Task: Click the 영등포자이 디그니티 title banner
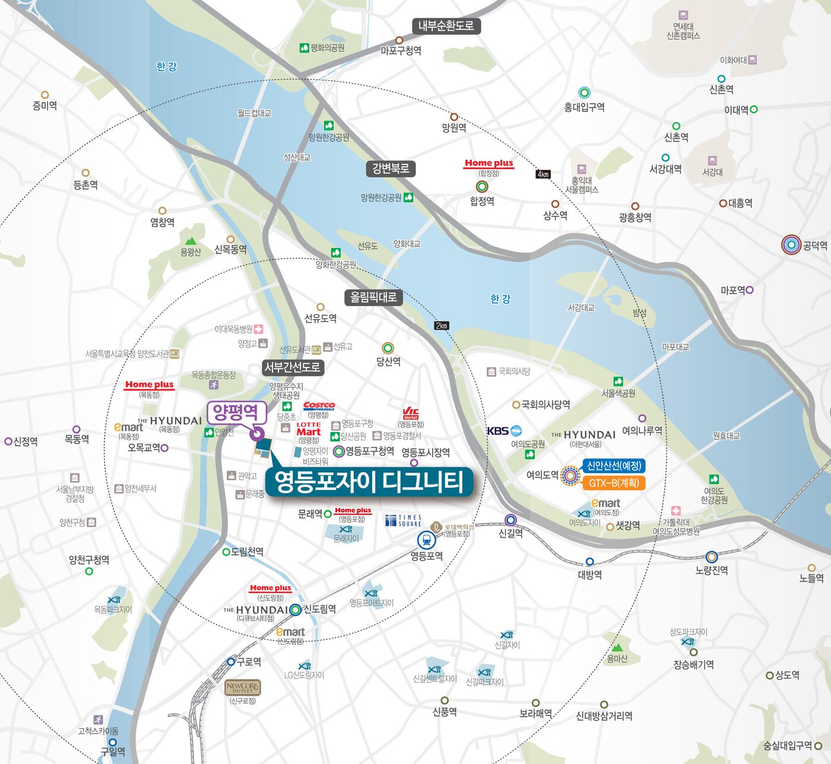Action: (369, 481)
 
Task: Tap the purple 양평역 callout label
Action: (236, 411)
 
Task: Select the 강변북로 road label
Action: (391, 169)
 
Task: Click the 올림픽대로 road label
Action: (373, 297)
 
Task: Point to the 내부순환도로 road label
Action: (446, 26)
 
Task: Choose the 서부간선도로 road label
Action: (292, 367)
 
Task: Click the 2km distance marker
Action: (442, 325)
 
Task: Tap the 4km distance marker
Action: (543, 174)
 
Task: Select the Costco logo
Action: (319, 406)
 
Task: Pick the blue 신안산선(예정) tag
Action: (614, 466)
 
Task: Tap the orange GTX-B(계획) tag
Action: (614, 483)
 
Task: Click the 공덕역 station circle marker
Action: (791, 245)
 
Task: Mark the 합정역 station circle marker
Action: (482, 186)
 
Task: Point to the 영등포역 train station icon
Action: (426, 540)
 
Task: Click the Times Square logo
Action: (403, 521)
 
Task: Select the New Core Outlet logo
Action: (242, 687)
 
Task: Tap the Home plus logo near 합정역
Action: (489, 163)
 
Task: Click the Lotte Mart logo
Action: (309, 429)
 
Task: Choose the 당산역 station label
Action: (389, 361)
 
